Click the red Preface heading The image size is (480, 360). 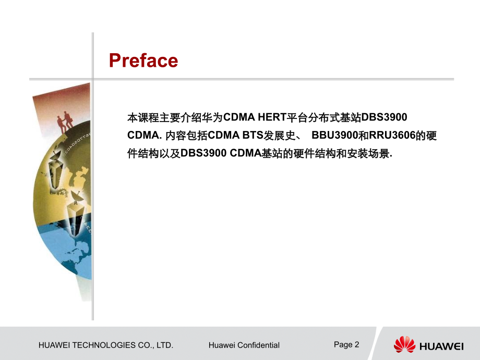coord(143,61)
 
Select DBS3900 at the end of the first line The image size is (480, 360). coord(384,117)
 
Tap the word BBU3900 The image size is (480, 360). coord(334,135)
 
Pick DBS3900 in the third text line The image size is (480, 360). coord(203,153)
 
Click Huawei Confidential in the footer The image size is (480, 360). coord(244,345)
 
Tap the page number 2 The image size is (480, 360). coord(357,345)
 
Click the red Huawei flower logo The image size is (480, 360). coord(404,344)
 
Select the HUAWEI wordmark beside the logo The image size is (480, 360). coord(441,346)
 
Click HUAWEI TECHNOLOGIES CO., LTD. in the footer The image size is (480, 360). coord(106,345)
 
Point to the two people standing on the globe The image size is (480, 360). coord(65,122)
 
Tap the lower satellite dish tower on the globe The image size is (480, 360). coord(75,214)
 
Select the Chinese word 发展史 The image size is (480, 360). coord(280,135)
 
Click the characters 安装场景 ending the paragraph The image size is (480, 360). coord(368,153)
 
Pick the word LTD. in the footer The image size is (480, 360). coord(165,345)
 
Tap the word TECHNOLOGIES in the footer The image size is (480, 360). coord(104,345)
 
